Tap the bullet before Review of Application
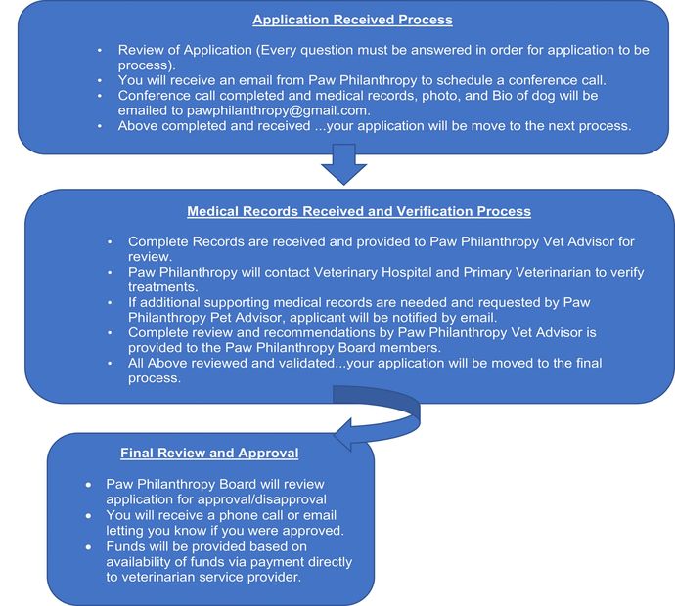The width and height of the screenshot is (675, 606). point(98,49)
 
